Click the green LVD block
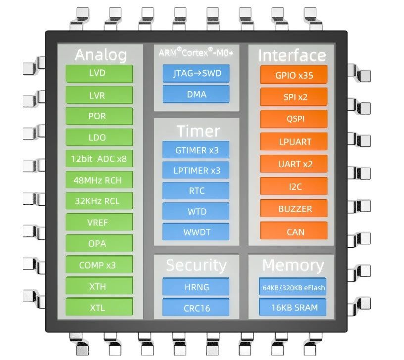(99, 73)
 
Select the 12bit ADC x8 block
(99, 159)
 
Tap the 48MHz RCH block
(99, 180)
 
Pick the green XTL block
(99, 307)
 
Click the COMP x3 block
(99, 265)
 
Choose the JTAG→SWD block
(196, 73)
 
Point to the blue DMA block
(196, 94)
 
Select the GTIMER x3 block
(196, 149)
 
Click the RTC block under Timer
(196, 191)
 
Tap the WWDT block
(196, 232)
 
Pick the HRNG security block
(196, 286)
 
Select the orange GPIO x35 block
(294, 75)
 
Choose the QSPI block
(294, 119)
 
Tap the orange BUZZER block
(294, 208)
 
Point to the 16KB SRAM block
(293, 307)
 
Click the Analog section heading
(101, 55)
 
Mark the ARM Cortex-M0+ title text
(196, 52)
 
